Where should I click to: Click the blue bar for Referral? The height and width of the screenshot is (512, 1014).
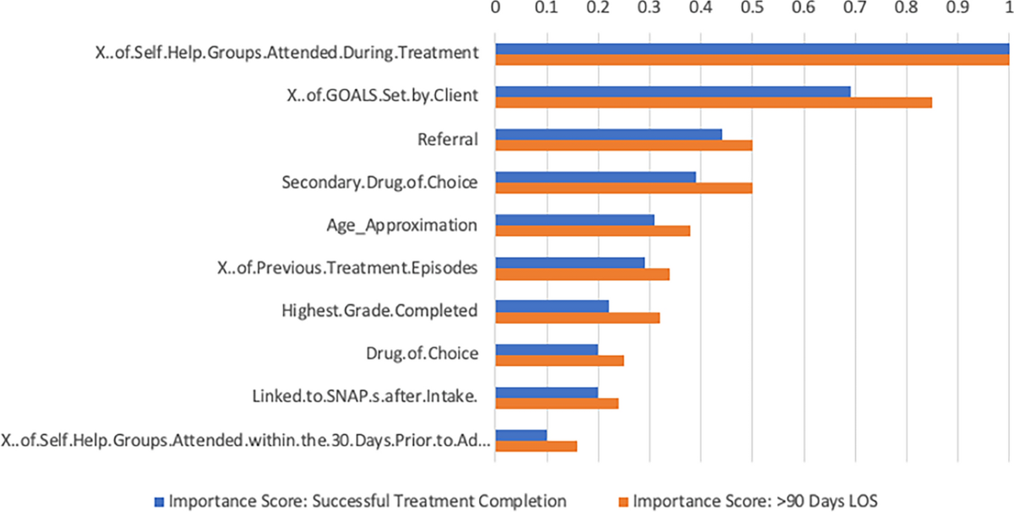[x=608, y=133]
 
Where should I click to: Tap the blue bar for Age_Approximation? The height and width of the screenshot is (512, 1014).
[x=575, y=220]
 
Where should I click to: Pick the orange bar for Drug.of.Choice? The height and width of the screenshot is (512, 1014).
[x=559, y=361]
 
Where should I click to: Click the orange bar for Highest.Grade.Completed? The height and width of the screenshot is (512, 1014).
[x=577, y=318]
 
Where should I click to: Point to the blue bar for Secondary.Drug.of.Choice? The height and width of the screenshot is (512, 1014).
[x=596, y=177]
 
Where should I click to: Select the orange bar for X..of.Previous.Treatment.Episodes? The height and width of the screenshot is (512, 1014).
[x=582, y=275]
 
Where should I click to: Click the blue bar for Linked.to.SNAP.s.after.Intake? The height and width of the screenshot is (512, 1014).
[x=547, y=393]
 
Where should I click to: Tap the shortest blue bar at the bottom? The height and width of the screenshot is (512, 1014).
[x=521, y=436]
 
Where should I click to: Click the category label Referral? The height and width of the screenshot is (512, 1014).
[x=448, y=139]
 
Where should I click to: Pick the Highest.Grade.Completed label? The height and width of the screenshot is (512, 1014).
[x=379, y=311]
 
